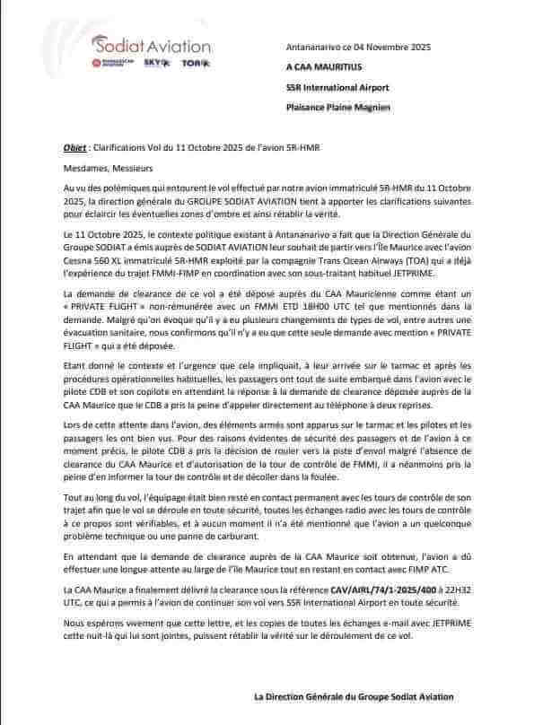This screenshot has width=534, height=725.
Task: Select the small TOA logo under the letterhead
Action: pos(188,63)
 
